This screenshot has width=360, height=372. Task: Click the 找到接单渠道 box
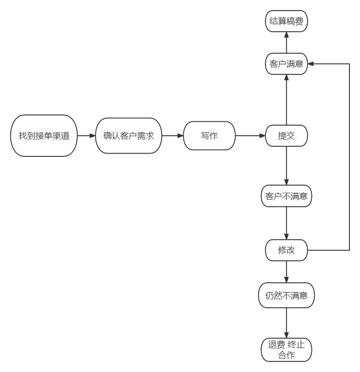tap(44, 136)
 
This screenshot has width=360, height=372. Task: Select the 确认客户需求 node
tap(129, 136)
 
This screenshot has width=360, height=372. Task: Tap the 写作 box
tap(209, 136)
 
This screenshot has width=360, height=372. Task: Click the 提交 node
tap(286, 136)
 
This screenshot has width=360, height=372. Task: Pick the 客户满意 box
tap(286, 64)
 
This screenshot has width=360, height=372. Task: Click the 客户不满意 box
tap(286, 197)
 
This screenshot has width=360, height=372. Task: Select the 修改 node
tap(286, 250)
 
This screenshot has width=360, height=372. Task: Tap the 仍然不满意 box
tap(286, 295)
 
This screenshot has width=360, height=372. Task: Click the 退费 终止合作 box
tap(286, 350)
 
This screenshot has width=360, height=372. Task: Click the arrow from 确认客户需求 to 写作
tap(172, 136)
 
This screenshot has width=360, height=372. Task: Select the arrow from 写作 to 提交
tap(250, 136)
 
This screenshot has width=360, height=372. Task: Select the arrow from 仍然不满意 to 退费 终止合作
tap(286, 322)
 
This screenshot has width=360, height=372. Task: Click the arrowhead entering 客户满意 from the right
tap(312, 64)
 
